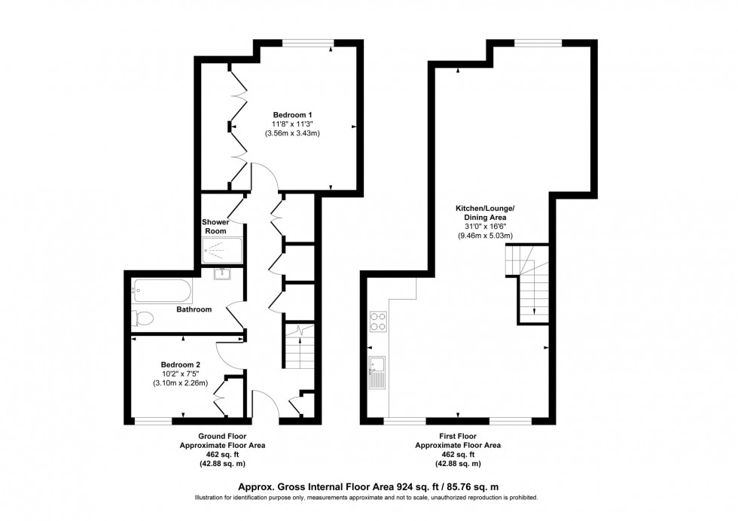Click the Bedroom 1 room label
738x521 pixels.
point(292,114)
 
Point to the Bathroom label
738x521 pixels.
point(194,309)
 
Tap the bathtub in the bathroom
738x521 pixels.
point(161,290)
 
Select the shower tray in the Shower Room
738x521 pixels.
point(223,249)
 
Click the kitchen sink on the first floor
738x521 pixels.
point(377,371)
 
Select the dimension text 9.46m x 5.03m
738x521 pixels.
point(485,236)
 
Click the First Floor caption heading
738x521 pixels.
point(458,436)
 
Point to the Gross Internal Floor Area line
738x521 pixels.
point(369,486)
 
